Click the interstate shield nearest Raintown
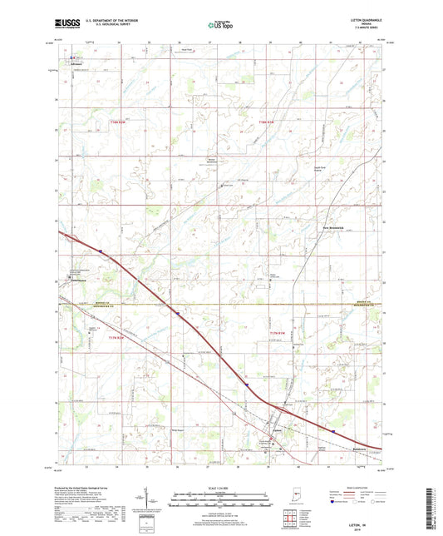click(332, 432)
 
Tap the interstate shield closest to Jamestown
click(100, 249)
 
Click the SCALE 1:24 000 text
click(220, 486)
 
